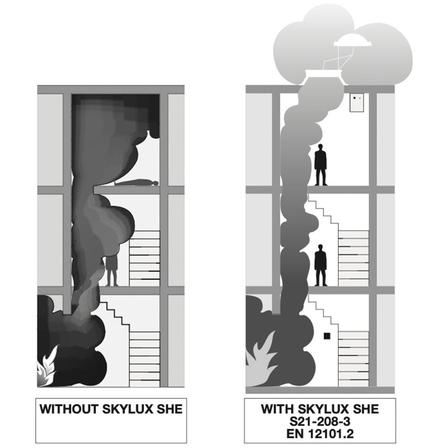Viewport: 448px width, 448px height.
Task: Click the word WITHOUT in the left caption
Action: tap(68, 409)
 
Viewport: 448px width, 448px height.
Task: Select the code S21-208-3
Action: tap(320, 421)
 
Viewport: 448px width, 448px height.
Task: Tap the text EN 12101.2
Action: tap(320, 434)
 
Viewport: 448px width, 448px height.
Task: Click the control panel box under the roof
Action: tap(357, 102)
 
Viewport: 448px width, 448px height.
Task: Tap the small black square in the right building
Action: tap(327, 336)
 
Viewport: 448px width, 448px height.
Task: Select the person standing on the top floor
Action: tap(320, 165)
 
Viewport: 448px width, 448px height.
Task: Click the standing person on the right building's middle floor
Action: tap(320, 265)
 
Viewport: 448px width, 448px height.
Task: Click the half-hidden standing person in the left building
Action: tap(112, 270)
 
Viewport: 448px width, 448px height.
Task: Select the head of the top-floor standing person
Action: tap(321, 147)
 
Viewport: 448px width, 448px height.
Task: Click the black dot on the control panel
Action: tap(355, 98)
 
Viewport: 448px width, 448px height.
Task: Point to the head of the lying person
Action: tap(156, 183)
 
